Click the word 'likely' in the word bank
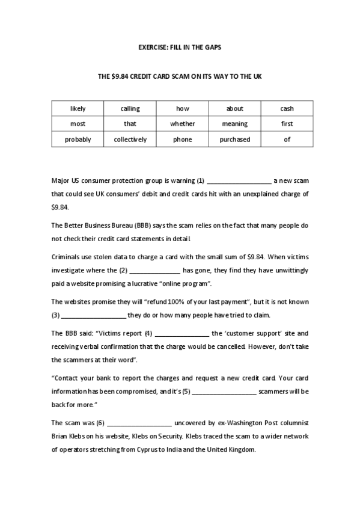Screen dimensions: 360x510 coord(78,109)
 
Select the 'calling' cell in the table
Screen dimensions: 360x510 coord(130,109)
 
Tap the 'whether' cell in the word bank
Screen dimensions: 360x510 coord(182,124)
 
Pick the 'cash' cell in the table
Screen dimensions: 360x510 coord(287,109)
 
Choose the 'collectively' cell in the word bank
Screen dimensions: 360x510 coord(130,140)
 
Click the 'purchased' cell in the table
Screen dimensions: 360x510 coord(234,140)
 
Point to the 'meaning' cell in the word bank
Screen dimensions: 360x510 coord(234,124)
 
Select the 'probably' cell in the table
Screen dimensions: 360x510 coord(78,140)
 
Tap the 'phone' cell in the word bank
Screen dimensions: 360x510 coord(182,140)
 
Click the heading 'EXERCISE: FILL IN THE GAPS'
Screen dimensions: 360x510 coord(180,46)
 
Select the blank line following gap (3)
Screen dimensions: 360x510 coord(94,316)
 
